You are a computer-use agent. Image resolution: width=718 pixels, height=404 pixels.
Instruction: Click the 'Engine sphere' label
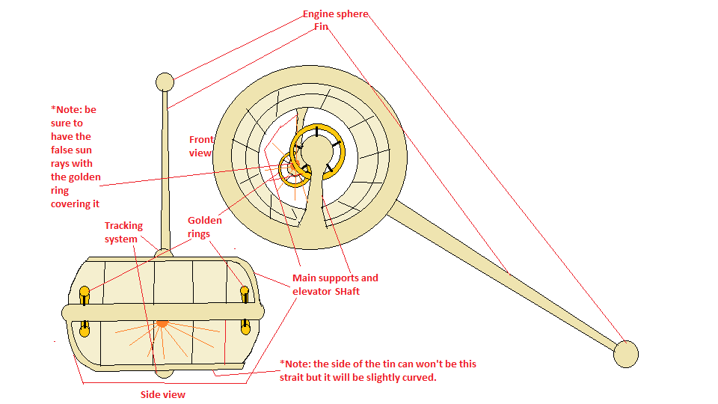(335, 14)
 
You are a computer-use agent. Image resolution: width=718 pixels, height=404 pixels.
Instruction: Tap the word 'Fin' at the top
(321, 27)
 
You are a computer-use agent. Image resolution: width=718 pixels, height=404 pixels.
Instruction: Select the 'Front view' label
(201, 146)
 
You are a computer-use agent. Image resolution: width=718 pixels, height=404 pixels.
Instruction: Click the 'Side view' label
(163, 394)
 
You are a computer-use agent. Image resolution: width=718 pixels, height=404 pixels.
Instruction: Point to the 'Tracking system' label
(123, 232)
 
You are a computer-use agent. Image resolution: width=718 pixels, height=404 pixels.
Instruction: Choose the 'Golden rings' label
(204, 227)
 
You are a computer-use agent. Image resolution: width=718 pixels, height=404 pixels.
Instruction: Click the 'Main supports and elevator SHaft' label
(335, 284)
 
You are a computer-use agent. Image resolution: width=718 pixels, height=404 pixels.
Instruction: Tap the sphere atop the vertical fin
(164, 82)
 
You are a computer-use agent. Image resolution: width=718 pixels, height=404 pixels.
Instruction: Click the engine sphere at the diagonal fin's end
(625, 354)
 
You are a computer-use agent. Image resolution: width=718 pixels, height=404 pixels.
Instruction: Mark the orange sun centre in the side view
(162, 323)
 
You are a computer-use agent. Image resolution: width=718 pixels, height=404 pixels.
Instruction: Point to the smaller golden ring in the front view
(294, 170)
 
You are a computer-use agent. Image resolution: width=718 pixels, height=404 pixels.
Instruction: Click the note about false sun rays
(74, 156)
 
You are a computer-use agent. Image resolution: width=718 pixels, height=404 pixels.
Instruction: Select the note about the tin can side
(378, 370)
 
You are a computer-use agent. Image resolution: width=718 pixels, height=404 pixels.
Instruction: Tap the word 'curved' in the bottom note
(418, 378)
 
